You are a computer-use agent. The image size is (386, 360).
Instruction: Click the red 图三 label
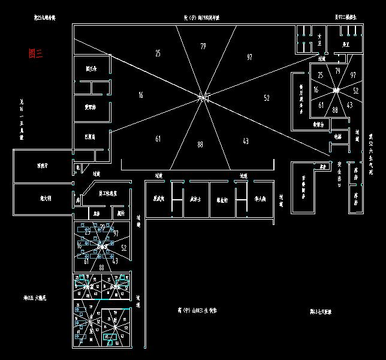click(36, 53)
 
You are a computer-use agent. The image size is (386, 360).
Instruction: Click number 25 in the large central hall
click(158, 53)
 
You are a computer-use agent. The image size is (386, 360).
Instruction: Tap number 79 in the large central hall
click(203, 46)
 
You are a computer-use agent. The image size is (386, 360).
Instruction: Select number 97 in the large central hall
click(249, 56)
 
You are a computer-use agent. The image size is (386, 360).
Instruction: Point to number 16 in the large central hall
click(140, 95)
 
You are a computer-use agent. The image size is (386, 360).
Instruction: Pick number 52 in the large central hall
click(266, 97)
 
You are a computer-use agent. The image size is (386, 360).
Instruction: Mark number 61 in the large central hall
click(158, 139)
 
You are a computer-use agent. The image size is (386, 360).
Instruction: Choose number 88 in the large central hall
click(200, 144)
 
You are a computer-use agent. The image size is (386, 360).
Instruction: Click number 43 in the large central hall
click(245, 141)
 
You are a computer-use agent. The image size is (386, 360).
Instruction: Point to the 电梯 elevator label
click(337, 137)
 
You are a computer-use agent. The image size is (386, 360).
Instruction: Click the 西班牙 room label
click(43, 166)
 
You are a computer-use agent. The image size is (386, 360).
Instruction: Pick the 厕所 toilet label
click(120, 212)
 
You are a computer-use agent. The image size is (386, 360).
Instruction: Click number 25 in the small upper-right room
click(320, 75)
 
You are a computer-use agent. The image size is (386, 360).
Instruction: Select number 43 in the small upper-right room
click(349, 105)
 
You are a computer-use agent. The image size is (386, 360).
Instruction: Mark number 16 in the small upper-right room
click(316, 90)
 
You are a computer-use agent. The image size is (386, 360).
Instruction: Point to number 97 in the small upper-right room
click(353, 75)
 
